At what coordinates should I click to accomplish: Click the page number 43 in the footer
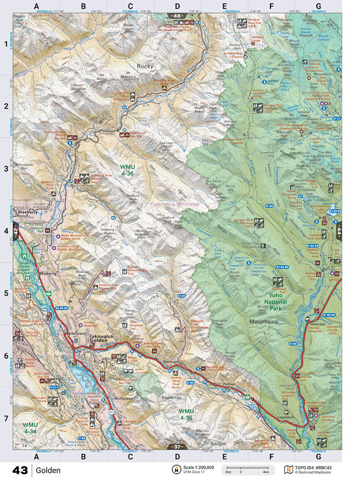(x=20, y=470)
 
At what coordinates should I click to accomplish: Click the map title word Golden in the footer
(x=48, y=470)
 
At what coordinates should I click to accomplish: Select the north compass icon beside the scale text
(x=175, y=469)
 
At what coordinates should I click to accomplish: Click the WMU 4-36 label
(x=129, y=170)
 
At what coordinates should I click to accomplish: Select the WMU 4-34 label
(x=30, y=427)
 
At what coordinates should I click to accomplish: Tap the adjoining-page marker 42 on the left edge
(x=16, y=231)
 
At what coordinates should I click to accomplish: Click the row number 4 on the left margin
(x=6, y=231)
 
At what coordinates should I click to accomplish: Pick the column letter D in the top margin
(x=177, y=6)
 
